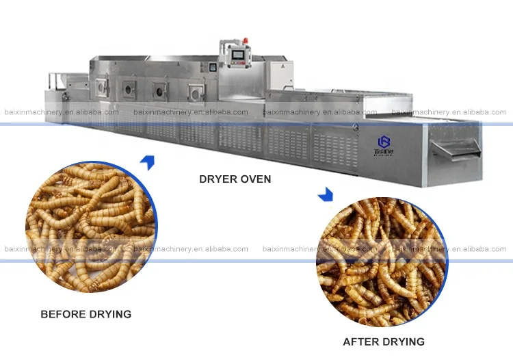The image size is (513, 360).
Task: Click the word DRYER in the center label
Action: click(218, 179)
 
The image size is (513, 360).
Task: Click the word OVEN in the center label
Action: click(255, 179)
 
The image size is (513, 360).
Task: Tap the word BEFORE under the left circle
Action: click(62, 314)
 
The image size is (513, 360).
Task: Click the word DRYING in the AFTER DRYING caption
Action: click(403, 342)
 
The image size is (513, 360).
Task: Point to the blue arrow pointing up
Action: click(147, 162)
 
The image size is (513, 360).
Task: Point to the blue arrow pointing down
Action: click(326, 196)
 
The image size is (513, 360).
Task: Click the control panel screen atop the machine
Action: click(239, 57)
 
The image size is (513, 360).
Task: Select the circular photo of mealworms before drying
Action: click(90, 227)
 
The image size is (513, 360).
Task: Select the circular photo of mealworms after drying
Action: click(382, 262)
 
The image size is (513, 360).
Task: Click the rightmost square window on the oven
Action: click(197, 90)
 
